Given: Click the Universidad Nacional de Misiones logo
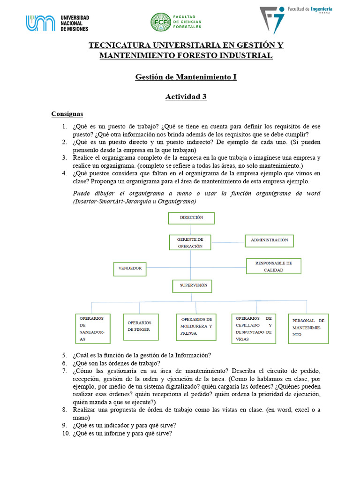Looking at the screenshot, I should [x=57, y=23].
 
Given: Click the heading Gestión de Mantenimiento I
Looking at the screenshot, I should [x=186, y=76].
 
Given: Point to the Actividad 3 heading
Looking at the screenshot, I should [x=186, y=97].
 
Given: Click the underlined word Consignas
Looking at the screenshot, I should [x=67, y=114].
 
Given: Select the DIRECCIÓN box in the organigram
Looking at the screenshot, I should [x=191, y=218].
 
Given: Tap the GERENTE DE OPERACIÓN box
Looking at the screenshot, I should [x=190, y=242].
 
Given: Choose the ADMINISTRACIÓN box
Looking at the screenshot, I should [x=269, y=240].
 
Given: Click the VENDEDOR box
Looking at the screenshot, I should [x=130, y=269].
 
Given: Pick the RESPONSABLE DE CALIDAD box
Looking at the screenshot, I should [x=273, y=266].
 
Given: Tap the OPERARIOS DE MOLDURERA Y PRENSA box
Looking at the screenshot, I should [x=196, y=327].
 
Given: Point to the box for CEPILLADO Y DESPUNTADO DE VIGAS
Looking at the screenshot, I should [x=254, y=326].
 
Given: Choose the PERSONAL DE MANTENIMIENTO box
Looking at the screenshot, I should [x=308, y=328].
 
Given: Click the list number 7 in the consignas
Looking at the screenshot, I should [x=65, y=371].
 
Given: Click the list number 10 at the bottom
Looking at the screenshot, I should [x=66, y=434].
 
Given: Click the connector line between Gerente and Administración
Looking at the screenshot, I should [x=228, y=242].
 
